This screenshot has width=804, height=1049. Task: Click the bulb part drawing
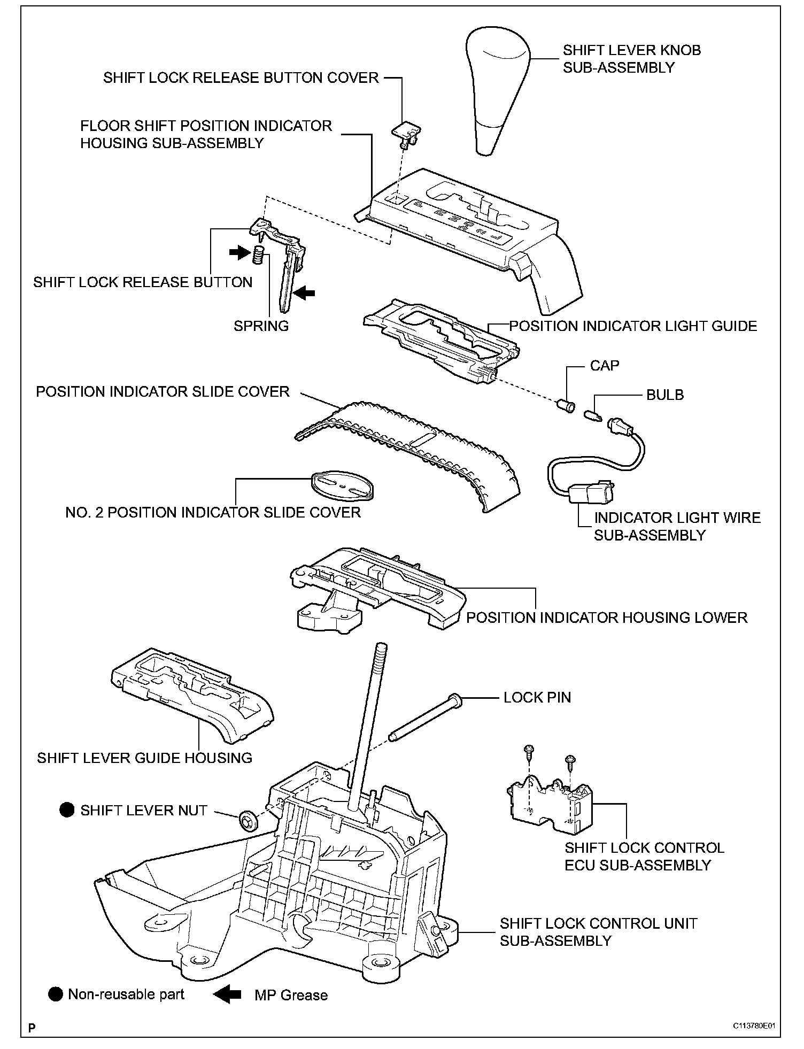(593, 414)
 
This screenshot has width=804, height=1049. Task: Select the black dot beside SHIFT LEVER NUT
(67, 810)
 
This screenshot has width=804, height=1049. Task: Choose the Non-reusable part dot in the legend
(55, 994)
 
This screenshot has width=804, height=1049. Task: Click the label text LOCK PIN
(537, 697)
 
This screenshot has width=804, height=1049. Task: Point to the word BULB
(664, 395)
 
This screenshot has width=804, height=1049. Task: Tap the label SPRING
(261, 326)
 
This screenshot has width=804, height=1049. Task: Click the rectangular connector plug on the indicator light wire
(591, 491)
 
